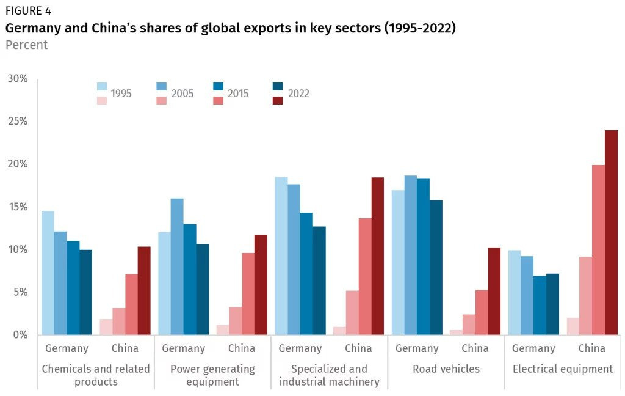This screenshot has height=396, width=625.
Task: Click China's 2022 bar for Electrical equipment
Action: pos(611,232)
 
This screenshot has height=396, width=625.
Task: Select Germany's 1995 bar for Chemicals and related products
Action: pos(48,273)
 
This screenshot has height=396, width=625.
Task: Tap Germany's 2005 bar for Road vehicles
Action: pos(410,255)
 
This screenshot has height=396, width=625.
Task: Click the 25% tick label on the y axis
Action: pos(18,122)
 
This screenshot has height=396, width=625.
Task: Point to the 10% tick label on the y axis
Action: pos(18,250)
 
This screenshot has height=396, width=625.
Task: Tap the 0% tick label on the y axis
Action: pos(20,335)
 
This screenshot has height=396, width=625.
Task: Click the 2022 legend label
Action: pos(298,94)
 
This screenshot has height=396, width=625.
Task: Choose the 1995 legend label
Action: pos(121,94)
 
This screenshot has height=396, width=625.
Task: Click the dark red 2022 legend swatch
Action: pos(278,100)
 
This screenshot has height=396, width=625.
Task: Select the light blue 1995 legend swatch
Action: pos(102,87)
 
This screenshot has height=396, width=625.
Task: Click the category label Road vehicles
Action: pos(446,369)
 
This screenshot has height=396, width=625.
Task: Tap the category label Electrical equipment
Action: pos(563,369)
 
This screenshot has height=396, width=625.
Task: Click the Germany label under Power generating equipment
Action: pos(183,348)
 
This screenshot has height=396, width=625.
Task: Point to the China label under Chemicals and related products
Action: pos(125,348)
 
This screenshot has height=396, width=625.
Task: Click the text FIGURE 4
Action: pos(28,11)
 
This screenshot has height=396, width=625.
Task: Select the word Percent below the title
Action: pos(26,45)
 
